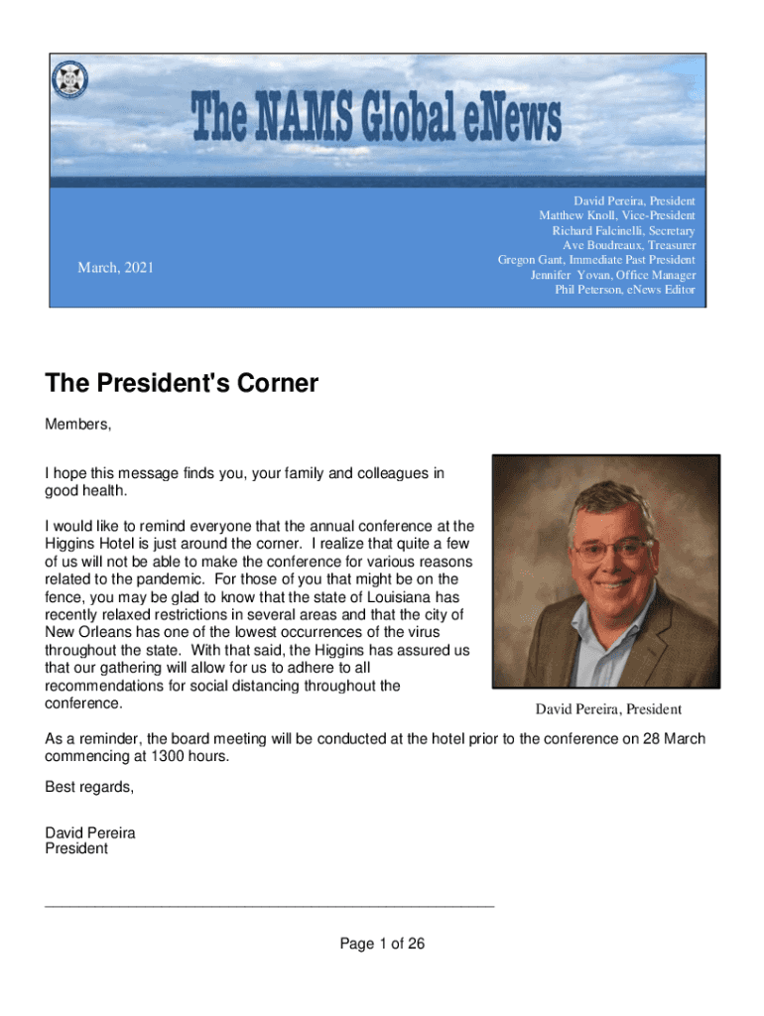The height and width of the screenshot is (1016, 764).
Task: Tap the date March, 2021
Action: pos(116,267)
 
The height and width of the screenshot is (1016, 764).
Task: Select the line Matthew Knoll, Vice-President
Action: pos(616,215)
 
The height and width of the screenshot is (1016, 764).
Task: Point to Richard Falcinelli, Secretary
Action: pos(623,230)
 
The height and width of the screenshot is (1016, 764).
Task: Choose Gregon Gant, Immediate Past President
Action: pos(596,260)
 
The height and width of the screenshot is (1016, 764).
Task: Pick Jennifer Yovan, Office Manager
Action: pos(613,275)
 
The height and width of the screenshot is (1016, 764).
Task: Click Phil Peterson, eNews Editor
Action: pos(625,290)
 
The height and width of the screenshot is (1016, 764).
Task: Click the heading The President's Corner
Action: pos(182,383)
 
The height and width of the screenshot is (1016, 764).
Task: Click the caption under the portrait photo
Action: pos(608,708)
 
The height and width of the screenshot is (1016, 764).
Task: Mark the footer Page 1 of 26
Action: pos(382,944)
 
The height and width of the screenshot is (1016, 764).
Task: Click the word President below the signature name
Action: pos(76,848)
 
